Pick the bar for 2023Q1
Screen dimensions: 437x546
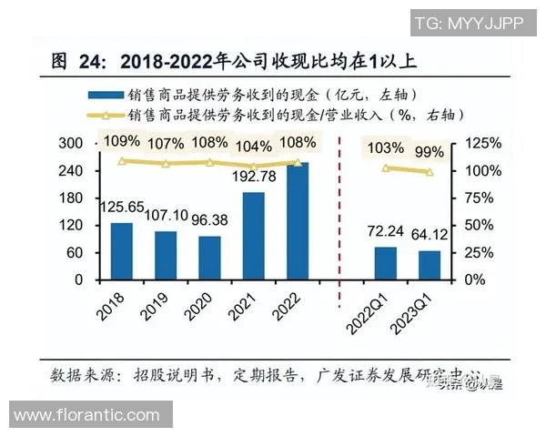click(x=430, y=265)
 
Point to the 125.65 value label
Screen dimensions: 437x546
click(x=121, y=208)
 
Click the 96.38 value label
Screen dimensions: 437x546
click(x=209, y=220)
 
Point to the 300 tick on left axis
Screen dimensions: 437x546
click(x=71, y=144)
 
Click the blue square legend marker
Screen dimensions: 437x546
click(x=107, y=95)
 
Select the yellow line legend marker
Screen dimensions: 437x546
click(x=106, y=116)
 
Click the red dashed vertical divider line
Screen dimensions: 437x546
click(x=339, y=209)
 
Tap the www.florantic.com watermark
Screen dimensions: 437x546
click(x=87, y=416)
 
